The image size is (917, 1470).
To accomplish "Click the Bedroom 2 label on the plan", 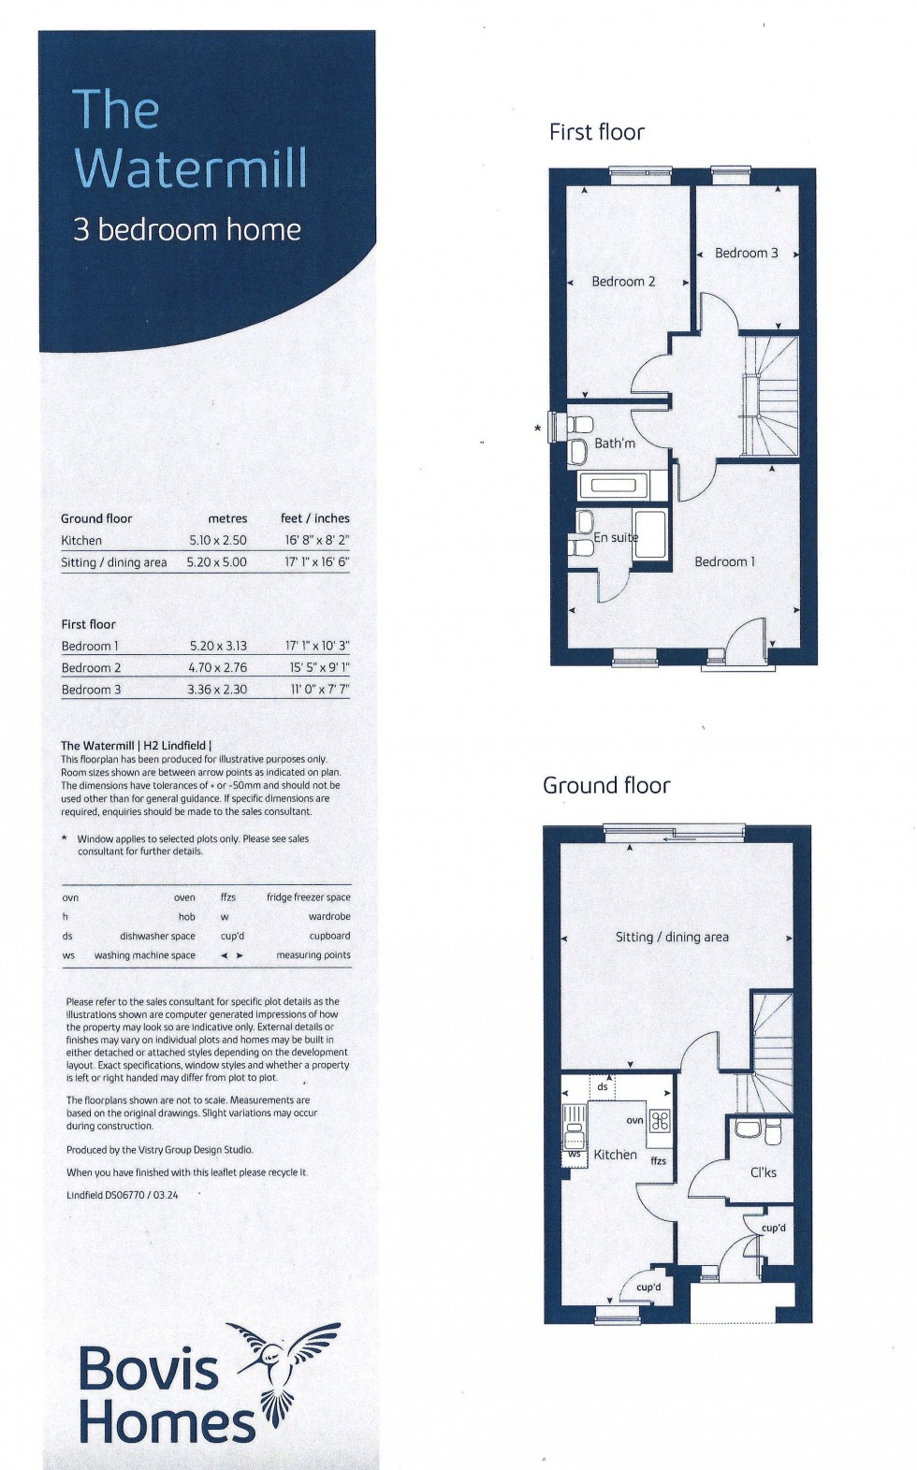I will (623, 282).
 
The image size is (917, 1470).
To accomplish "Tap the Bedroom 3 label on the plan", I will (746, 253).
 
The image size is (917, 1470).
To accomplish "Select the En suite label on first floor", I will (616, 538).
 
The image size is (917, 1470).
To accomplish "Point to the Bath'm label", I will (615, 444).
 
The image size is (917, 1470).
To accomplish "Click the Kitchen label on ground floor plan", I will (615, 1155).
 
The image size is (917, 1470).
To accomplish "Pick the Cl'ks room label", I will (764, 1172).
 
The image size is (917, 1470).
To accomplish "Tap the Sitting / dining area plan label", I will (672, 937).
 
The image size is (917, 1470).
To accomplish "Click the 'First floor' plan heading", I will (597, 132).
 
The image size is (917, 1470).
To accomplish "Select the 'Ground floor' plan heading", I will (606, 785).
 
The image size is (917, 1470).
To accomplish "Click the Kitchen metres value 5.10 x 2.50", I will (218, 540).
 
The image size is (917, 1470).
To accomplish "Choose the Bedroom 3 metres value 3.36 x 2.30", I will (218, 690).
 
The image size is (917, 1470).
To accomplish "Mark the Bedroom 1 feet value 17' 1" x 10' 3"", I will (317, 646).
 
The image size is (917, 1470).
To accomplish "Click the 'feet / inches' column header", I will (315, 518).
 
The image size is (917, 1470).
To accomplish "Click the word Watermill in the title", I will (191, 169).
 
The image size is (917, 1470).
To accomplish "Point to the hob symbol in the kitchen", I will (660, 1120).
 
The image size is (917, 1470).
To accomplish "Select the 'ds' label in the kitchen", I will (603, 1087).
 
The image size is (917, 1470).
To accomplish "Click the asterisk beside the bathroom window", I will (537, 429).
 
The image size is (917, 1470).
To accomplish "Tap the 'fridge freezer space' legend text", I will (308, 897).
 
